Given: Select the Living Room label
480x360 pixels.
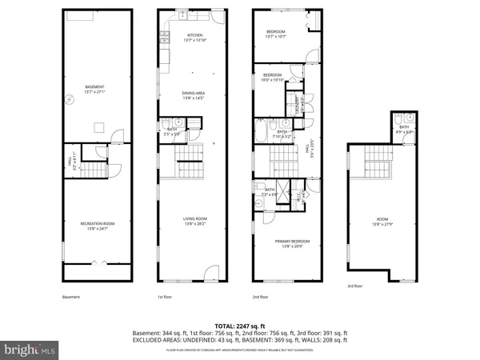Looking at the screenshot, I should pyautogui.click(x=194, y=222).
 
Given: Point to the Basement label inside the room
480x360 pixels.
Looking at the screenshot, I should pyautogui.click(x=96, y=89).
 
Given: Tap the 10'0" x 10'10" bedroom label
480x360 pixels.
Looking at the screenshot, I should pyautogui.click(x=274, y=78).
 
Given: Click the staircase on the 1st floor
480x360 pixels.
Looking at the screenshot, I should pyautogui.click(x=190, y=164).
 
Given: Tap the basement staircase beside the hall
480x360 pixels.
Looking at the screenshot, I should pyautogui.click(x=97, y=170).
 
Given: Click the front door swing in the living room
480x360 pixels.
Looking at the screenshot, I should pyautogui.click(x=210, y=270).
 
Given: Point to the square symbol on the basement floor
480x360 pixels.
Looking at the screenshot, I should pyautogui.click(x=99, y=125).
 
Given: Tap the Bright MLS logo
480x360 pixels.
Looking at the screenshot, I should pyautogui.click(x=30, y=349).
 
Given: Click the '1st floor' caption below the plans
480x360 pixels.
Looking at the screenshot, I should pyautogui.click(x=165, y=298).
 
